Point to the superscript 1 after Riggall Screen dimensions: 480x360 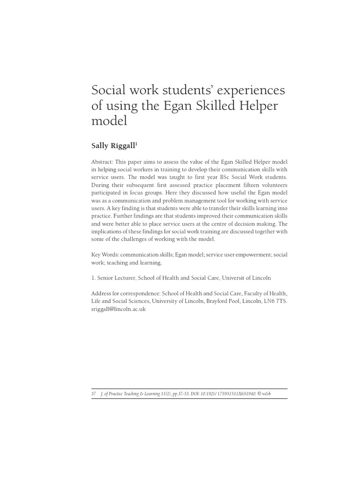click(x=136, y=144)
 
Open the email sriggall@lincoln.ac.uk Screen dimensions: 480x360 click(x=118, y=309)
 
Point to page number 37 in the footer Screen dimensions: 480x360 click(x=94, y=394)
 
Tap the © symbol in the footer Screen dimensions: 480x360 click(x=260, y=394)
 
